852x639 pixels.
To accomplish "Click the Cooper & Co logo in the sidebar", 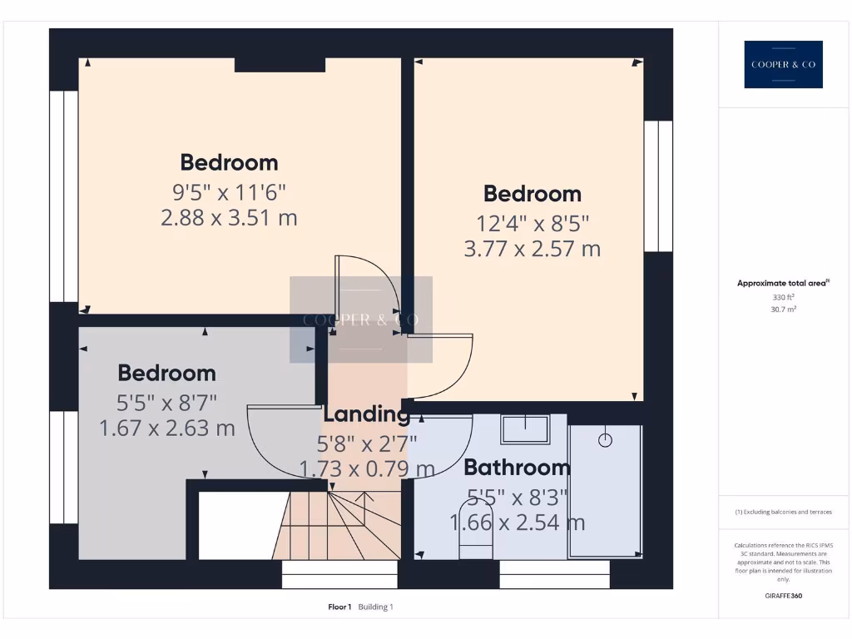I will point(783,64).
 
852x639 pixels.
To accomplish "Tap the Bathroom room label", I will point(517,467).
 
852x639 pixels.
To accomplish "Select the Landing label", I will point(367,414).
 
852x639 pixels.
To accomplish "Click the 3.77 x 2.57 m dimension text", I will point(532,248).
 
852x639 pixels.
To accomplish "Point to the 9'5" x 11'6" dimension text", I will point(229,192).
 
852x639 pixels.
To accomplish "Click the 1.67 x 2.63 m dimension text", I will point(166,428).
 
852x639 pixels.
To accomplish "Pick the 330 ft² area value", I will point(783,296).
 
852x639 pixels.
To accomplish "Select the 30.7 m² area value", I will point(783,309).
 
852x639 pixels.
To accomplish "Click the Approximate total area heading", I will point(782,284).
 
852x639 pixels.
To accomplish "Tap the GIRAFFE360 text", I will point(783,596).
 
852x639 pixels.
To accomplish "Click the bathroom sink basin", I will point(525,429).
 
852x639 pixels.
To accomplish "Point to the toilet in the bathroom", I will point(476,530).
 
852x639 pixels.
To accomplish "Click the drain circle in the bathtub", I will point(605,438).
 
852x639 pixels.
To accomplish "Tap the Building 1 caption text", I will point(376,607).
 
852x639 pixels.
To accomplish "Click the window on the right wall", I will point(657,186).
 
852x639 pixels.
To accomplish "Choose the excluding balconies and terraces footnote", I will point(783,512).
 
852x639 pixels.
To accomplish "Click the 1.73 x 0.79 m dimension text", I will point(366,468).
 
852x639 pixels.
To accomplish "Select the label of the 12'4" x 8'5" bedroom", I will point(532,194).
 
